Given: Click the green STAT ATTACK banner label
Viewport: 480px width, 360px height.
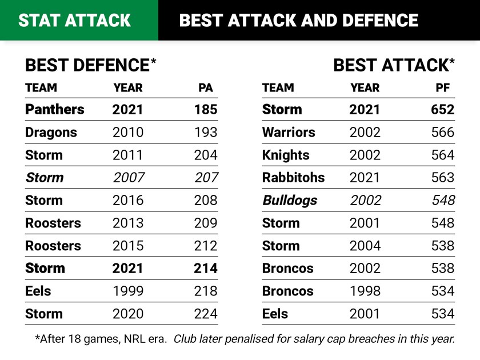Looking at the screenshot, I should [75, 21].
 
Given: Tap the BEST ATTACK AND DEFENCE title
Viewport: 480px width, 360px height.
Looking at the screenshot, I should [298, 21].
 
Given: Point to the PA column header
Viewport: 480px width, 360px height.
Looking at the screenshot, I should [206, 88].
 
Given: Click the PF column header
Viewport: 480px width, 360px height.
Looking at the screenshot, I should [443, 88].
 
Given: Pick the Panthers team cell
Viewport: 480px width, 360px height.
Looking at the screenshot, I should [54, 109].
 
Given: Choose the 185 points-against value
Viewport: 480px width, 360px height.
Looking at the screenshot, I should [205, 109].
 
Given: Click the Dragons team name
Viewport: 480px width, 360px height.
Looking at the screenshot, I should [51, 132].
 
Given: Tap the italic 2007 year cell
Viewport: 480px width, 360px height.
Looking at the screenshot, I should [128, 178].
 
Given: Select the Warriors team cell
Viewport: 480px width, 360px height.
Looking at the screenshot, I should [289, 132].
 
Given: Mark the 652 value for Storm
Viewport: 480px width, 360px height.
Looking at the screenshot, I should [442, 109].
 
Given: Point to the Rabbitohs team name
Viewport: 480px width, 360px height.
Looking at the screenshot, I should [293, 178].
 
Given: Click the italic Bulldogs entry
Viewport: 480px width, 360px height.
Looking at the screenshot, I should [290, 201].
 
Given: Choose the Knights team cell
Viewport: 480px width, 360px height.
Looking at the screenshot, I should [286, 155].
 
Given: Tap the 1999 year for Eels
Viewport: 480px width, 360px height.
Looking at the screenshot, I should [128, 291].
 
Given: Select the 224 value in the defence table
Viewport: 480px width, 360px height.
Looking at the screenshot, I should [205, 314].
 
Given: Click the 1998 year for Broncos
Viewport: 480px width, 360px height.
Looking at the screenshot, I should [365, 291].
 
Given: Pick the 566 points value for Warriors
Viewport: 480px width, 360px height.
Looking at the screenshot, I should [442, 132].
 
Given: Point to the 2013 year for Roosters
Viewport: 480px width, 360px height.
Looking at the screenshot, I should [128, 223].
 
